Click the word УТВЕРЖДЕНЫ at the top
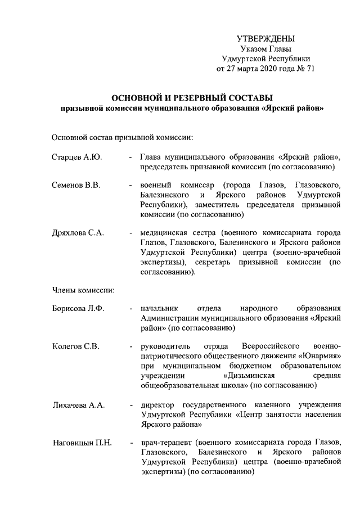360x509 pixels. pyautogui.click(x=265, y=39)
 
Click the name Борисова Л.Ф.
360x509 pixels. pyautogui.click(x=78, y=308)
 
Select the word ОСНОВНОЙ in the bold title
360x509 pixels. pyautogui.click(x=137, y=97)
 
